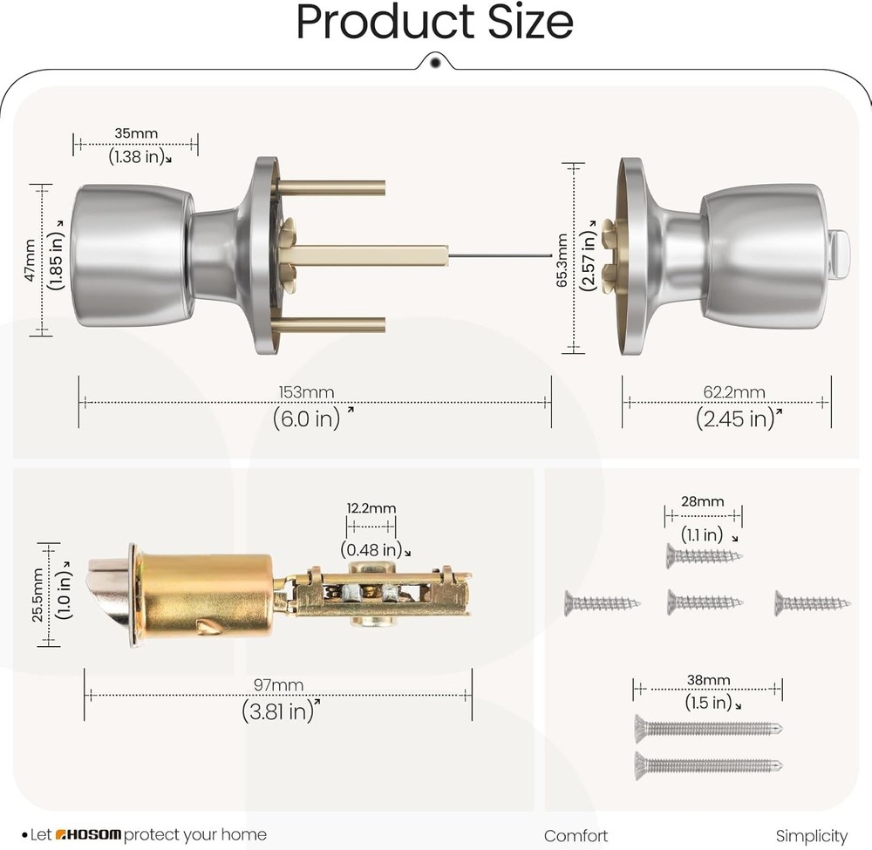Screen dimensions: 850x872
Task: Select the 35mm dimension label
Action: [135, 133]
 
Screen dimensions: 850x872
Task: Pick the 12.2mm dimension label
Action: [371, 508]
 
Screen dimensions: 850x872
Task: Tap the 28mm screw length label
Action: [702, 501]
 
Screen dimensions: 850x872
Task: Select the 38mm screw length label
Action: [708, 680]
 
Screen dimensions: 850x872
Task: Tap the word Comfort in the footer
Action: [576, 835]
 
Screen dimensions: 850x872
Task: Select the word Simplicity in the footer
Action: [811, 835]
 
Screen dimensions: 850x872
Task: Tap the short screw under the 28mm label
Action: [704, 554]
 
